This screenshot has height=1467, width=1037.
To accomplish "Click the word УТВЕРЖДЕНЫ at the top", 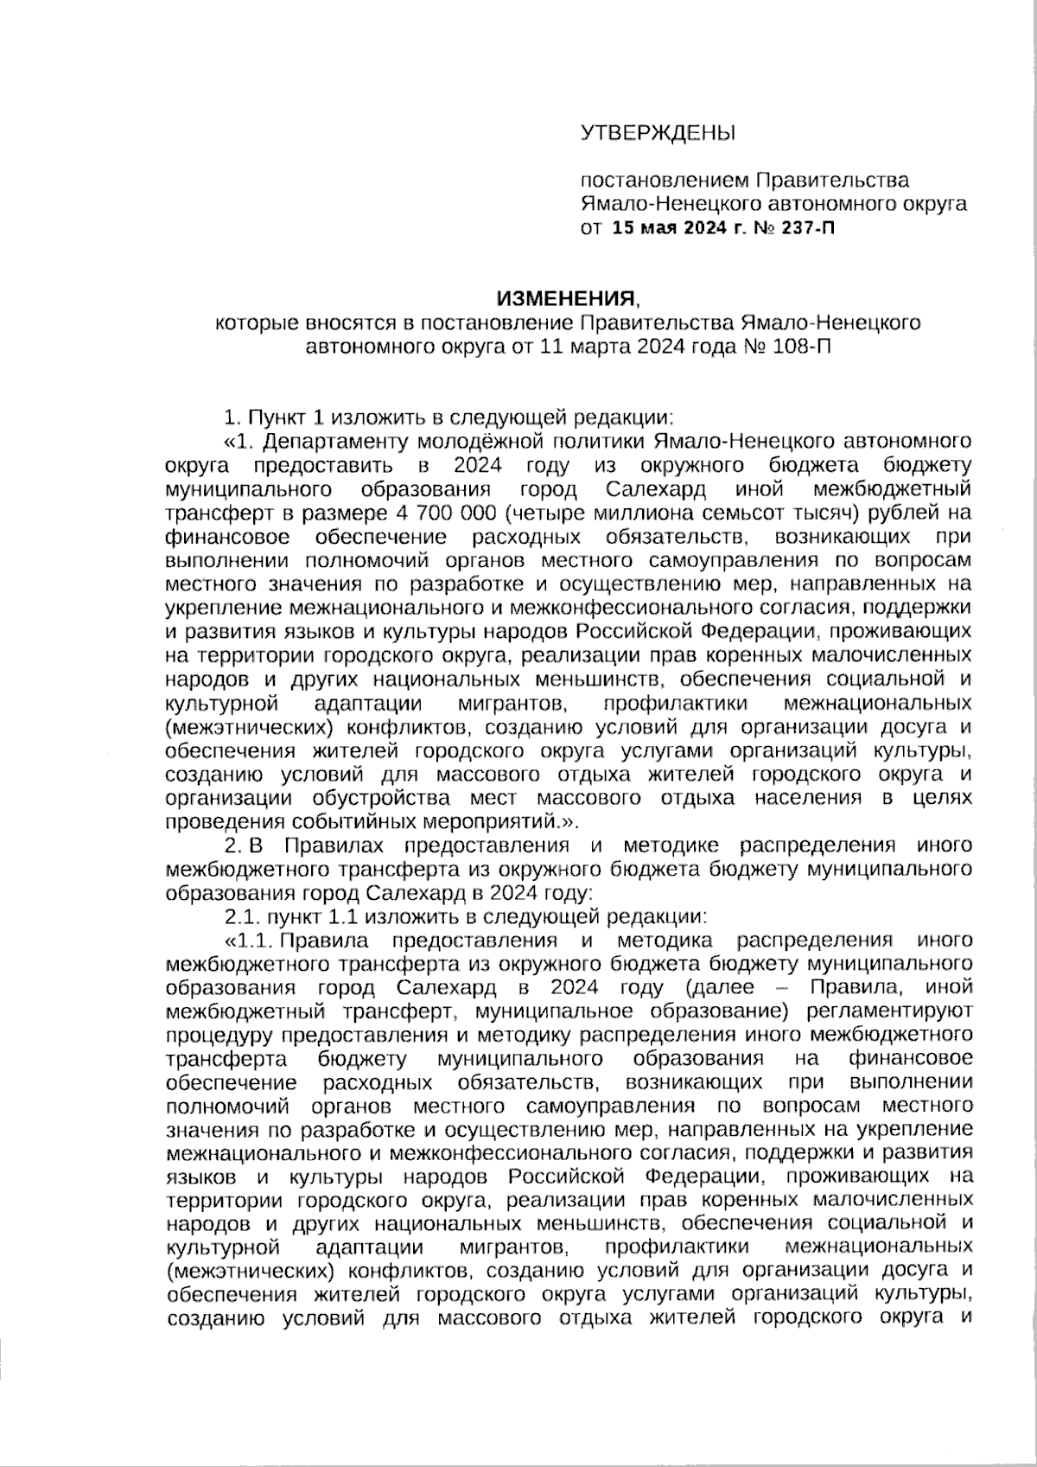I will pyautogui.click(x=658, y=133).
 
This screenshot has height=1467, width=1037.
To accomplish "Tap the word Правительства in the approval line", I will pyautogui.click(x=832, y=181).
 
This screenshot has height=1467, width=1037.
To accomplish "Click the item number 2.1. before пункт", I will pyautogui.click(x=241, y=915).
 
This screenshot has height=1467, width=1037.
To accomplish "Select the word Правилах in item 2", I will pyautogui.click(x=334, y=845).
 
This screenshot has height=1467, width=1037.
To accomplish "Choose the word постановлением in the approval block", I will pyautogui.click(x=665, y=181).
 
